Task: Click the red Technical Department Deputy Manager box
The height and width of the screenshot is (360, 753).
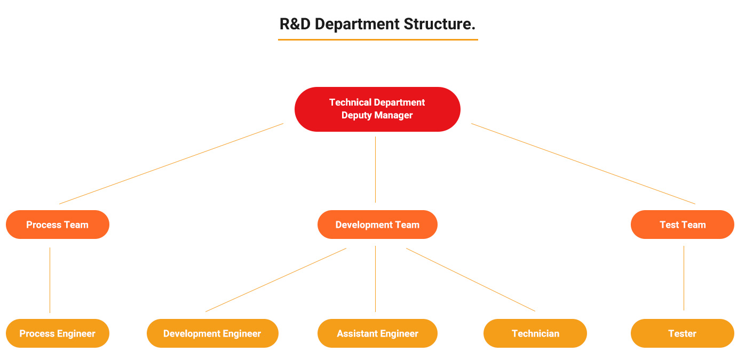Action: click(x=377, y=109)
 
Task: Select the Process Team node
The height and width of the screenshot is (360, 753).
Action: click(x=58, y=225)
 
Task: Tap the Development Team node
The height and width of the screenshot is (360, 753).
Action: click(x=377, y=225)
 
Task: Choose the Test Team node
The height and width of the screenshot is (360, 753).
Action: click(x=683, y=225)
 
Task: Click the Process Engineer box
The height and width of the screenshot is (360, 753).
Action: click(x=58, y=333)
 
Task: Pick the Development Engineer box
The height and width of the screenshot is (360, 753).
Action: click(x=212, y=333)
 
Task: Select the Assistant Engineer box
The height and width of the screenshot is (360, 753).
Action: click(x=377, y=333)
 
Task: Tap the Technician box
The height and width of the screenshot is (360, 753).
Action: click(x=535, y=333)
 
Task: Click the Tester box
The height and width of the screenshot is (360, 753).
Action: click(x=683, y=333)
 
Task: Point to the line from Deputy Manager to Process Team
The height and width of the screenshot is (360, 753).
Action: click(x=171, y=164)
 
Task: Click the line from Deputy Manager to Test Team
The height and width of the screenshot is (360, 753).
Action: click(x=583, y=164)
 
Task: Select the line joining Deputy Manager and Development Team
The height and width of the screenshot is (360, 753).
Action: click(x=376, y=170)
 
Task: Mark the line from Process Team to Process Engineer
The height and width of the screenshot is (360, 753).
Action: click(x=50, y=280)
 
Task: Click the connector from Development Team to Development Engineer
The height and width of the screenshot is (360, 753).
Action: click(x=276, y=280)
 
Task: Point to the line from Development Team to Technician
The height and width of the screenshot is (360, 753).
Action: click(x=471, y=280)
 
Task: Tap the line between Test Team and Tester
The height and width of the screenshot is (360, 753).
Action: click(x=684, y=278)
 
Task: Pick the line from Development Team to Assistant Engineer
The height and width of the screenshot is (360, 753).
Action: click(x=376, y=279)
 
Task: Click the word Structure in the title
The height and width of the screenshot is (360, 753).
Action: click(x=439, y=24)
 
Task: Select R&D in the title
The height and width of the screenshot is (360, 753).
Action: click(x=295, y=24)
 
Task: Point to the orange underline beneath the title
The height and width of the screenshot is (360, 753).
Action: click(x=378, y=39)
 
